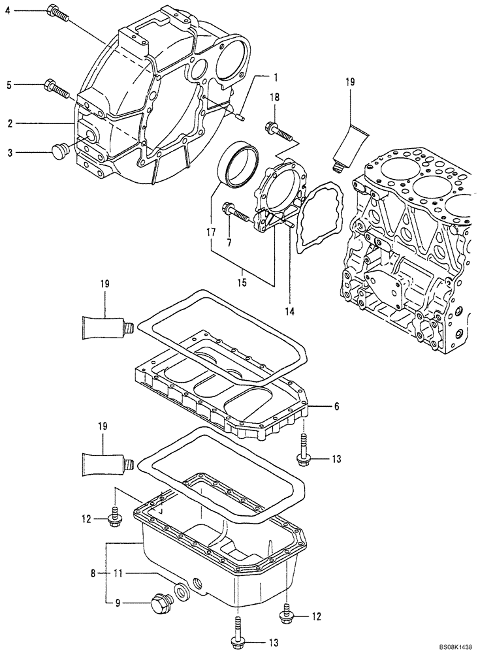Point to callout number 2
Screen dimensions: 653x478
pyautogui.click(x=10, y=123)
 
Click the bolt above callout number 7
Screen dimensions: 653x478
pyautogui.click(x=234, y=212)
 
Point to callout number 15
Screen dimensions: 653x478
pyautogui.click(x=242, y=283)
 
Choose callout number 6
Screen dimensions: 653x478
pyautogui.click(x=337, y=406)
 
